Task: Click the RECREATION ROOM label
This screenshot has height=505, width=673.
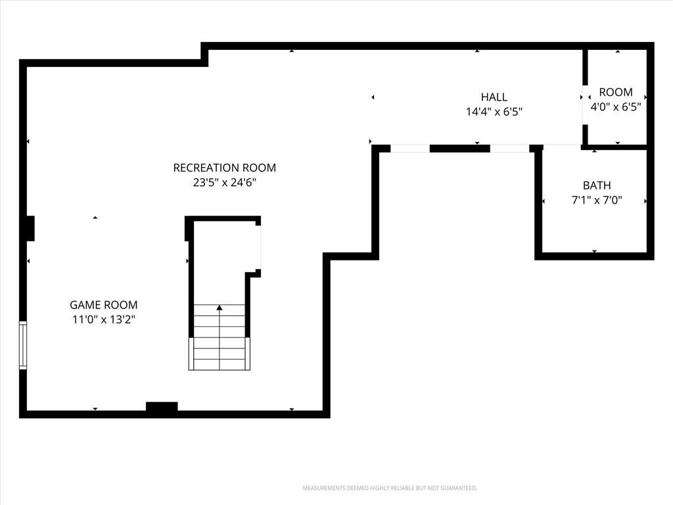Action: (225, 168)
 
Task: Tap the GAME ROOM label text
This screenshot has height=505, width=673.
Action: (103, 305)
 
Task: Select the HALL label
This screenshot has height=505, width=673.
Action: (494, 97)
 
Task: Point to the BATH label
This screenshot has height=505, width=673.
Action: (597, 185)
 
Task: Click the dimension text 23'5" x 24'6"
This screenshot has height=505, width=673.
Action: (225, 183)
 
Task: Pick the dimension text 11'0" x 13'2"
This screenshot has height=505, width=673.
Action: (103, 320)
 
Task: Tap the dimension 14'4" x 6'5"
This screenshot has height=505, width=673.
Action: (494, 112)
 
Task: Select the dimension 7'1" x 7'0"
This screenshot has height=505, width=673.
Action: (597, 200)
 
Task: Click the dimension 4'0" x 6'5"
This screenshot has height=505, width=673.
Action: (615, 107)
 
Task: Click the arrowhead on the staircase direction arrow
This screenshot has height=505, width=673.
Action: (220, 308)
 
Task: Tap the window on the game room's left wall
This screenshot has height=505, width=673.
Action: (23, 345)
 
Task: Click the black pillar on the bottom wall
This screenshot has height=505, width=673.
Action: (162, 406)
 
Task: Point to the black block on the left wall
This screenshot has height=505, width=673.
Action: (30, 228)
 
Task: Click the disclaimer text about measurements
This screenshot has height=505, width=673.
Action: (390, 489)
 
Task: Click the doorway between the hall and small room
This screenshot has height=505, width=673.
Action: (584, 105)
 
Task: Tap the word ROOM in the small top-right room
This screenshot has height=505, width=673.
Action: (615, 92)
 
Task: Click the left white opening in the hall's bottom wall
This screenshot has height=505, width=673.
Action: (410, 149)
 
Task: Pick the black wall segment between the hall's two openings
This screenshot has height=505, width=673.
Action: (459, 149)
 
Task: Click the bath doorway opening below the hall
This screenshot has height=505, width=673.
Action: (563, 147)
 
